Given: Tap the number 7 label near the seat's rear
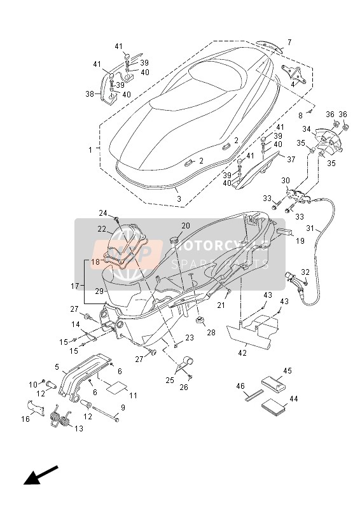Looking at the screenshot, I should click(289, 43).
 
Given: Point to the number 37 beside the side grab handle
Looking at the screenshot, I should click(291, 160).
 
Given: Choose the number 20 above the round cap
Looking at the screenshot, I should click(186, 226).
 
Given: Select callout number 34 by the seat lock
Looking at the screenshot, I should click(307, 130).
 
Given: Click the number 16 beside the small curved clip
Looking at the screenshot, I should click(25, 420).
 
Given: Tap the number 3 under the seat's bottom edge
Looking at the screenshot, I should click(179, 199).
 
